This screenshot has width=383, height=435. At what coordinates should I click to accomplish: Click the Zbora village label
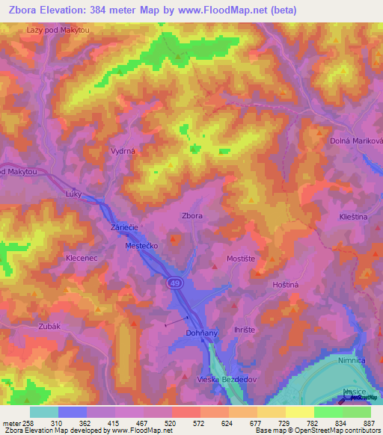tap(192, 215)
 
